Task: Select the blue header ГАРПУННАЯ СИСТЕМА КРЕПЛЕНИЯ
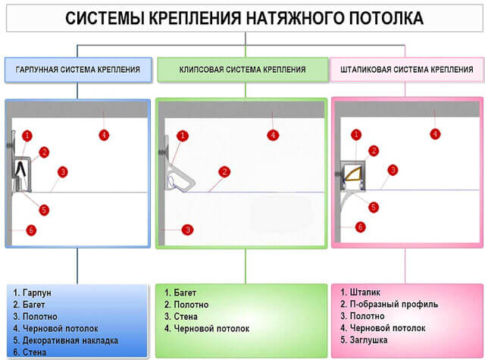[78, 70]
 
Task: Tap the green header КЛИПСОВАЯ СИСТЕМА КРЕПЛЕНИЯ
[242, 70]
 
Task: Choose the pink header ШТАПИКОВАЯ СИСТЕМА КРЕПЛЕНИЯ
[407, 70]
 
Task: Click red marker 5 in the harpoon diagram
[44, 210]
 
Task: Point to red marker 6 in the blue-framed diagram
[31, 230]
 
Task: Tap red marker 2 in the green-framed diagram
[224, 172]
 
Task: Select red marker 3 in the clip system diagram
[187, 230]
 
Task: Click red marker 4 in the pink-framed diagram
[435, 134]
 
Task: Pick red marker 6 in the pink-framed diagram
[360, 227]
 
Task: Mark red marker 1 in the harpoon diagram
[27, 136]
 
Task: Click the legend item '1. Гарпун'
[32, 293]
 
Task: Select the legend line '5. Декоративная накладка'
[66, 340]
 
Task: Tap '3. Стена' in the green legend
[181, 316]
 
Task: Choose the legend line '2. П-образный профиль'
[389, 305]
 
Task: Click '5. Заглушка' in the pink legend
[364, 340]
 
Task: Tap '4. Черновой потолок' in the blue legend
[55, 328]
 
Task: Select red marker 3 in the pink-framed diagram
[393, 170]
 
